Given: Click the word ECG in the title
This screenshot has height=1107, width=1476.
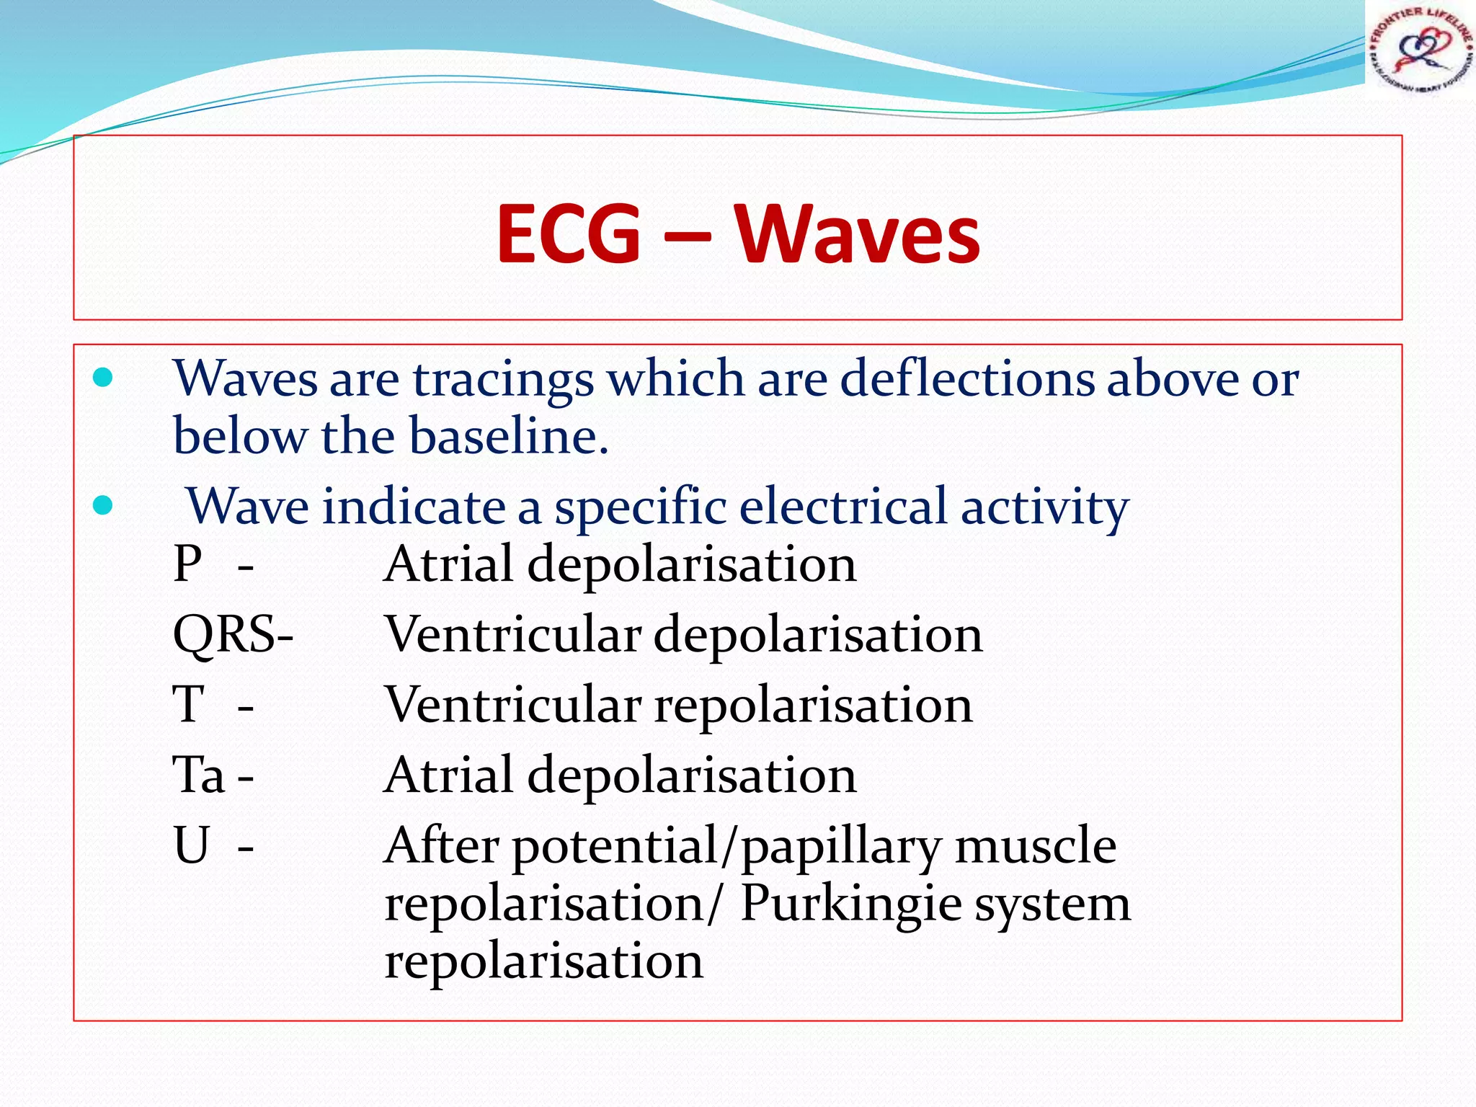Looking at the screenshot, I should [569, 234].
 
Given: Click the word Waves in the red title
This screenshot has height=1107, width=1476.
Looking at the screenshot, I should [857, 234].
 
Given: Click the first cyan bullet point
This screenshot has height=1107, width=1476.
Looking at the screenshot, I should [103, 378].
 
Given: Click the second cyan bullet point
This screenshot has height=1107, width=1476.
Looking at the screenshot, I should [103, 505].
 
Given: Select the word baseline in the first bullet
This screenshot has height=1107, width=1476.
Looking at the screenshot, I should [508, 437].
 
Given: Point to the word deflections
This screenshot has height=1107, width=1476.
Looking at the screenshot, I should [967, 378].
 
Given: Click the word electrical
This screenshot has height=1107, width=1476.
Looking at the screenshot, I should [843, 507].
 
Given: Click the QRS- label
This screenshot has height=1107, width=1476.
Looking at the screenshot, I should [233, 634].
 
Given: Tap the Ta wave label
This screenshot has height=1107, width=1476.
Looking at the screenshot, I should [200, 775].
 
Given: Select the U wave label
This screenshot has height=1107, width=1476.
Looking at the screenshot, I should [192, 845].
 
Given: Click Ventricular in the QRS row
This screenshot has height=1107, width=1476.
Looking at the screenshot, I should [513, 634].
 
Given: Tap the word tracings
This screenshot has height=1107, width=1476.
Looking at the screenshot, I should [503, 380].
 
